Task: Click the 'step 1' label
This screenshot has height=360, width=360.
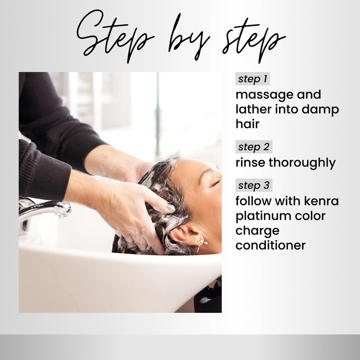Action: (252, 79)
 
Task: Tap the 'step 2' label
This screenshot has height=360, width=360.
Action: (252, 147)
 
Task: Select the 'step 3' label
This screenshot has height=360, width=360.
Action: (252, 185)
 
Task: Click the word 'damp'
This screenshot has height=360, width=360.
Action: (322, 110)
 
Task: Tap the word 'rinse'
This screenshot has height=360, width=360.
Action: (251, 162)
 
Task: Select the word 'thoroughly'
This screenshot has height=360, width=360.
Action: (303, 163)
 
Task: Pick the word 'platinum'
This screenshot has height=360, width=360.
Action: (264, 216)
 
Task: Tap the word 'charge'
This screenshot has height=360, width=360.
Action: (257, 231)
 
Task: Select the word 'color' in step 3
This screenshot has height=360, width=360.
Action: (312, 216)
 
